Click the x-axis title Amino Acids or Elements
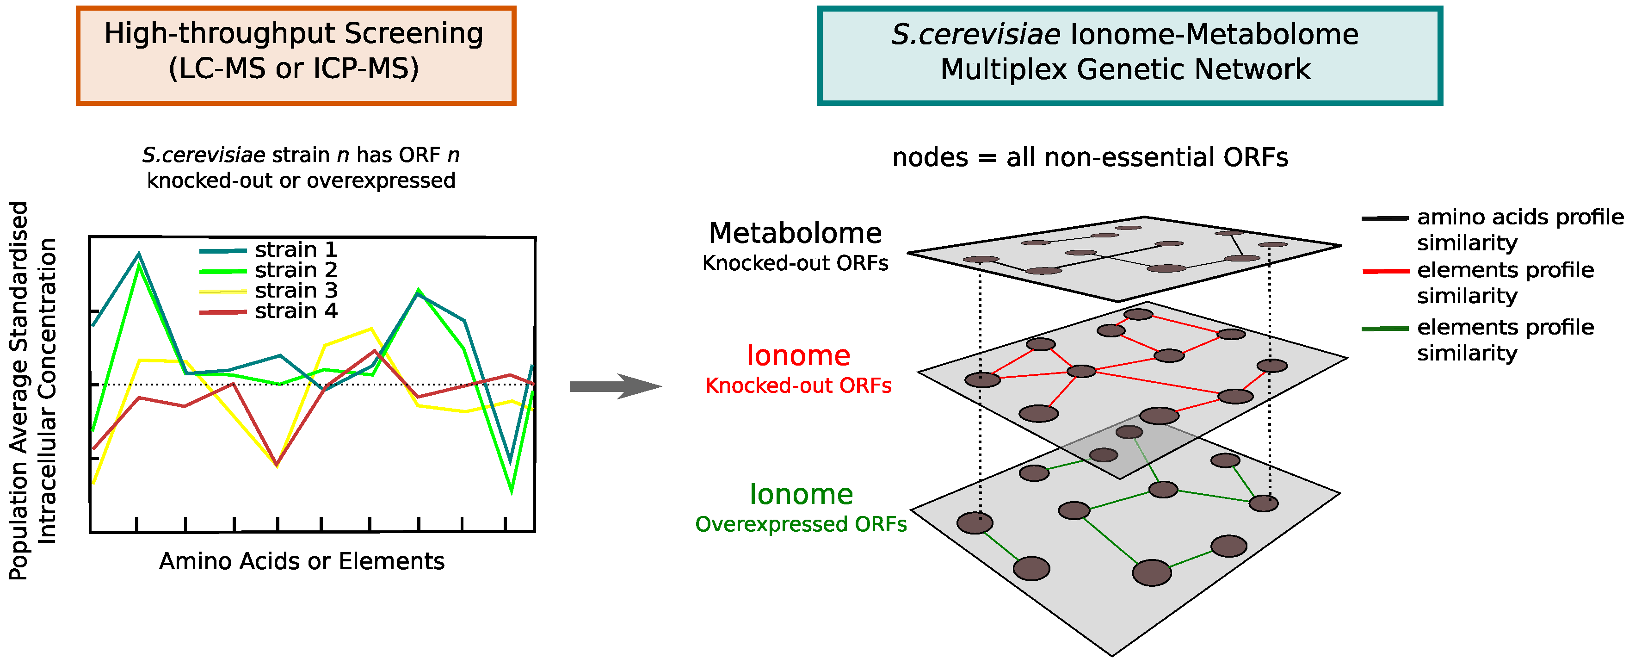(302, 561)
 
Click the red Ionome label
(798, 355)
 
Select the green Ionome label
(801, 494)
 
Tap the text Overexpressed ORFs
(801, 524)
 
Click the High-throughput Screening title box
(295, 56)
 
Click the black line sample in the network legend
(1385, 218)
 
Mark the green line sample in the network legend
(1385, 329)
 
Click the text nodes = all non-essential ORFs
(1090, 157)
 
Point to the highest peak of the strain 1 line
(139, 255)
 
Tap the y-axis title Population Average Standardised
(19, 391)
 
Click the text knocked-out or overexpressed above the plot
(301, 180)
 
